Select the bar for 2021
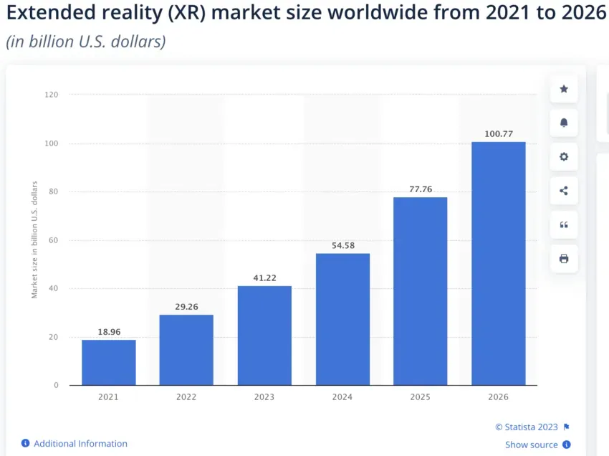(109, 362)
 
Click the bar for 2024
(342, 319)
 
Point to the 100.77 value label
(498, 133)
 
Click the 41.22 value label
(264, 277)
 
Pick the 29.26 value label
(186, 306)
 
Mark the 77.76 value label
(420, 189)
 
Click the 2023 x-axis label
(264, 396)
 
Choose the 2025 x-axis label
(420, 396)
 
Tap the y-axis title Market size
(34, 240)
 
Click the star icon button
(564, 89)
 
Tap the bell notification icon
(564, 123)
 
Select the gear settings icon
(564, 156)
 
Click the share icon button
(564, 191)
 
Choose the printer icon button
(564, 259)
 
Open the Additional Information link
(80, 444)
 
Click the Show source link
(531, 445)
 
